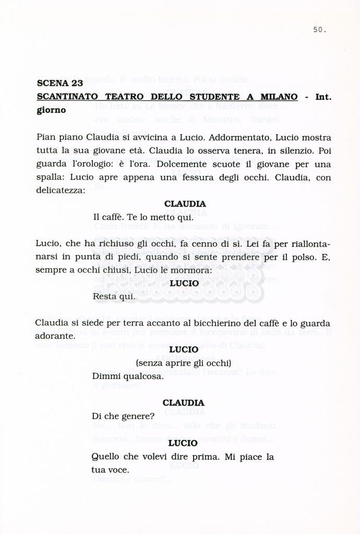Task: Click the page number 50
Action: click(x=319, y=30)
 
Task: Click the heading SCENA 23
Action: click(x=60, y=83)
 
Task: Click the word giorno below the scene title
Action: click(x=51, y=110)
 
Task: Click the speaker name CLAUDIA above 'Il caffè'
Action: click(x=185, y=204)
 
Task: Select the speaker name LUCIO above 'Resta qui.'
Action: click(x=184, y=283)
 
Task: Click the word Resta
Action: click(x=105, y=296)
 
